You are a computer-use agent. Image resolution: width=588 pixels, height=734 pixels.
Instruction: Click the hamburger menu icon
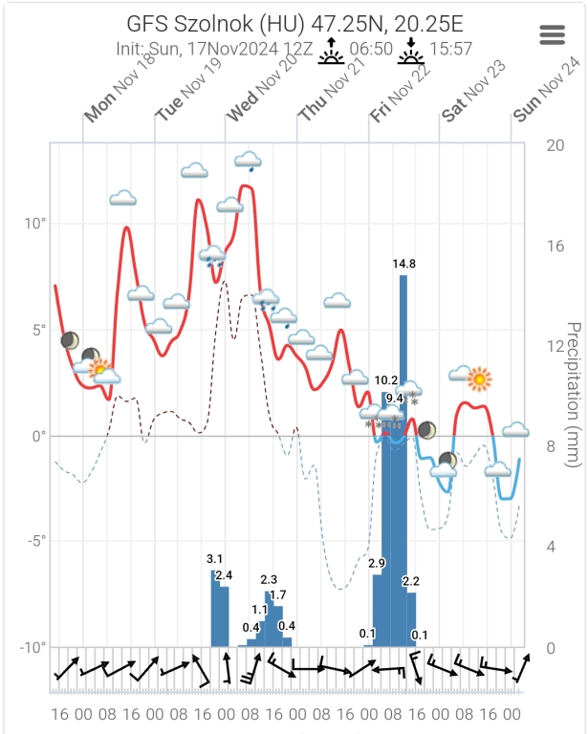[x=554, y=34]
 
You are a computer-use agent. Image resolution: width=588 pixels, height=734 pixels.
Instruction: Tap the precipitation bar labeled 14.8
[x=403, y=459]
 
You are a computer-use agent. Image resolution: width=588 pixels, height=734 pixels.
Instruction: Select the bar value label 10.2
[x=386, y=380]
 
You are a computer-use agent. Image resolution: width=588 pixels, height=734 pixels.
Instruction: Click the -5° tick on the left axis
[x=34, y=541]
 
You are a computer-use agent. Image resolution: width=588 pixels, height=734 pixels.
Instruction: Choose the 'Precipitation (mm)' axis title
[x=575, y=394]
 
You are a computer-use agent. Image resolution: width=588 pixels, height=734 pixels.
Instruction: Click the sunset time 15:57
[x=449, y=49]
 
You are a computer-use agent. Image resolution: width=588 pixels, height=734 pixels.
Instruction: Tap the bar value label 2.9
[x=377, y=564]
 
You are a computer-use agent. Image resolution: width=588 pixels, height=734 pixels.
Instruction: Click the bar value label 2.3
[x=269, y=579]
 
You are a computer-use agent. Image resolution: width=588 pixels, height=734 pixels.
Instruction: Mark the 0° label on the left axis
[x=37, y=436]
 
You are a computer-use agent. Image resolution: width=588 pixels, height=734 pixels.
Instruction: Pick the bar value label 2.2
[x=411, y=581]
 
